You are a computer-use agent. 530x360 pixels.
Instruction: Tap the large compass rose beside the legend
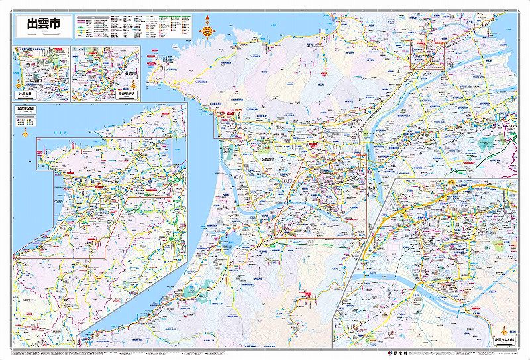pos(208,29)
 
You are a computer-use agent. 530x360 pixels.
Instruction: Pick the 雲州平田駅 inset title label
pos(125,94)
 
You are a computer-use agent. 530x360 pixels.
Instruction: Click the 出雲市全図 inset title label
pos(26,109)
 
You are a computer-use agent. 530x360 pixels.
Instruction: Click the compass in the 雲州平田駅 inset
pos(133,85)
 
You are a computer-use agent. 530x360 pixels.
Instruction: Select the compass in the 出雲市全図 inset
pos(26,133)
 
